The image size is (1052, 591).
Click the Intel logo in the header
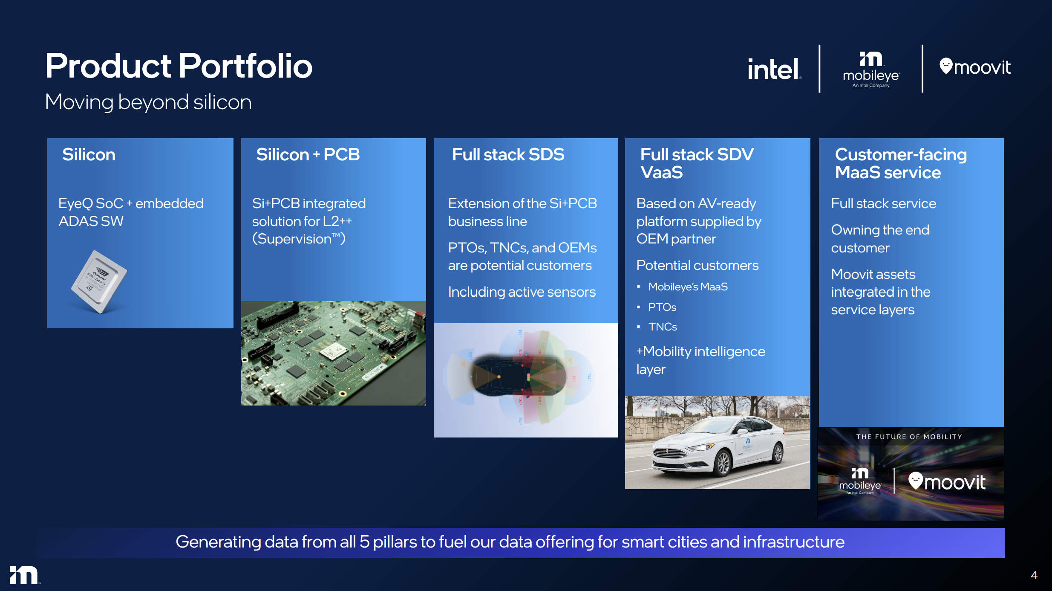click(x=774, y=69)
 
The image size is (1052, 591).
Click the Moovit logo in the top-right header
click(x=975, y=67)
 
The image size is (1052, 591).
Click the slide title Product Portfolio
click(x=179, y=66)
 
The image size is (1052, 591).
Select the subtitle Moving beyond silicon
click(x=148, y=102)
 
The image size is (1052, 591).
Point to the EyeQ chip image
click(x=99, y=282)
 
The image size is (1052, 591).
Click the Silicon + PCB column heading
click(x=308, y=154)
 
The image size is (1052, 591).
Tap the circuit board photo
click(x=333, y=353)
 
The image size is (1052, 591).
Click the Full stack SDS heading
click(x=508, y=154)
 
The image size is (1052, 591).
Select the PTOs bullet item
click(x=662, y=307)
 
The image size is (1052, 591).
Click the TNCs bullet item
click(x=663, y=327)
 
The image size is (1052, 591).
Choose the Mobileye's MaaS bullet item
click(x=688, y=287)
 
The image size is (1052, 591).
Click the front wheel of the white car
click(x=723, y=464)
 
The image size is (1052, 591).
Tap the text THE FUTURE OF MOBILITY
click(x=909, y=437)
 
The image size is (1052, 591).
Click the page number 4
click(x=1034, y=575)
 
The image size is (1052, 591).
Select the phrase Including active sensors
click(x=522, y=292)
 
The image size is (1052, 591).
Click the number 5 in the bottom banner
click(x=364, y=542)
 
